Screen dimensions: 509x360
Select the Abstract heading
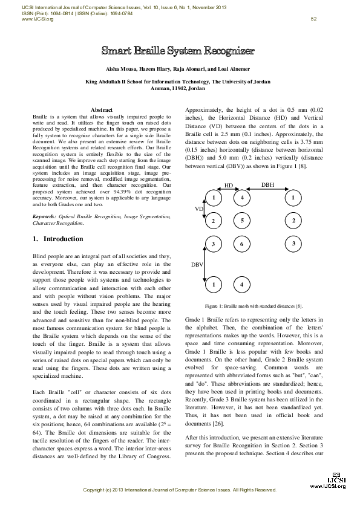tap(102, 109)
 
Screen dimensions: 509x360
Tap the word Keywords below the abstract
tap(45, 216)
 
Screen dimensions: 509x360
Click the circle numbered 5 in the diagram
tap(242, 221)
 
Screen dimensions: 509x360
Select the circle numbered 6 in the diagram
tap(242, 244)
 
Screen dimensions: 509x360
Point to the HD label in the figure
tap(229, 185)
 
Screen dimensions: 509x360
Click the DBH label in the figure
tap(267, 185)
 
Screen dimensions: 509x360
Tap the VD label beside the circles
tap(199, 209)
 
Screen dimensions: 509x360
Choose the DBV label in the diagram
tap(198, 264)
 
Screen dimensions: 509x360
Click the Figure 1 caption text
tap(254, 306)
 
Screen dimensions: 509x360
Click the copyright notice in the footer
tap(179, 489)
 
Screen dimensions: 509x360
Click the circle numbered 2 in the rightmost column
tap(293, 221)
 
